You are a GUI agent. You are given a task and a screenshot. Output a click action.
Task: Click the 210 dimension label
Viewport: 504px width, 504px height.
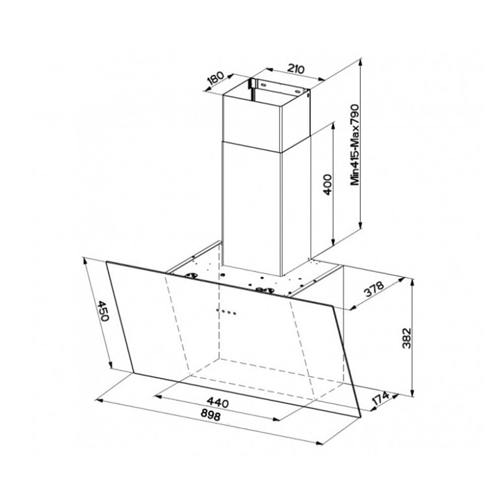tap(296, 69)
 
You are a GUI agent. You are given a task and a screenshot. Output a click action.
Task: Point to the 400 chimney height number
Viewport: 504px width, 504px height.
tap(327, 184)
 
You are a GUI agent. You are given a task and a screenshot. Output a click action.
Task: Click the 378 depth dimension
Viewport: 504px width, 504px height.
tap(374, 289)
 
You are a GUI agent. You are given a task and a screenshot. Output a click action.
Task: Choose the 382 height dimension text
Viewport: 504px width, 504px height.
tap(407, 338)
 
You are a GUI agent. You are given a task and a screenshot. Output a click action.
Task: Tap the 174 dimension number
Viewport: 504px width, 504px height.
tap(381, 399)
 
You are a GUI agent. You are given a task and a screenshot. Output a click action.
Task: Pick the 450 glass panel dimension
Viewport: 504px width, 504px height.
tap(103, 311)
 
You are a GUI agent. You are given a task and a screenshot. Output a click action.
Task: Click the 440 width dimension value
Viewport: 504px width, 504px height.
tap(218, 402)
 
